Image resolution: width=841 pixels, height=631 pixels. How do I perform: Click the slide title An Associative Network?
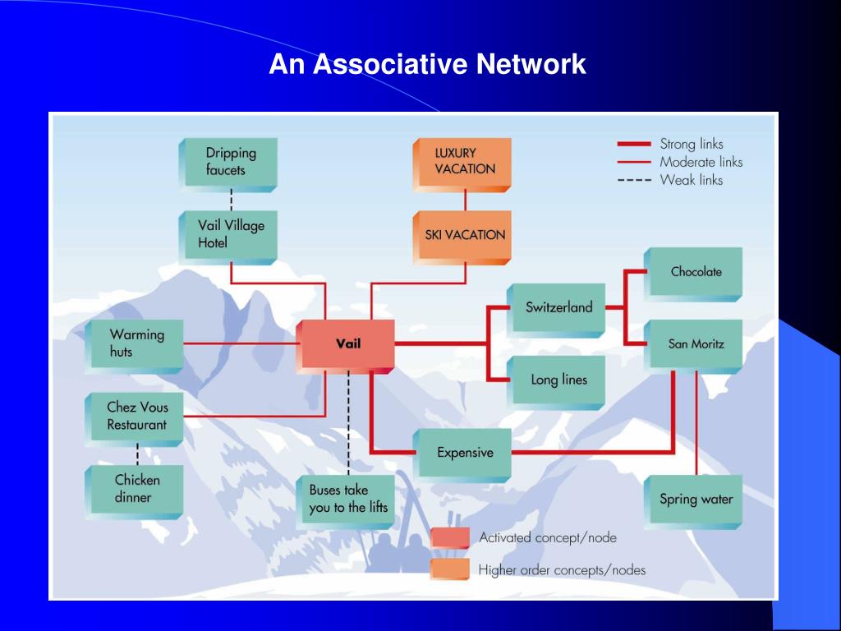pyautogui.click(x=427, y=64)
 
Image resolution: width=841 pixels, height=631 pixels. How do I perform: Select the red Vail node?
pyautogui.click(x=348, y=344)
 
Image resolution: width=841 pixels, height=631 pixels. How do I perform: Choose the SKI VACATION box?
pyautogui.click(x=464, y=235)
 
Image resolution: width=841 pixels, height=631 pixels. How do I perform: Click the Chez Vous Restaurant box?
pyautogui.click(x=136, y=417)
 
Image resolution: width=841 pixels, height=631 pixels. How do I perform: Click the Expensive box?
pyautogui.click(x=465, y=453)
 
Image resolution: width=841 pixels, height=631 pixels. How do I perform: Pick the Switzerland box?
pyautogui.click(x=558, y=307)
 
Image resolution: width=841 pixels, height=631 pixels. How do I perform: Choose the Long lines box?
pyautogui.click(x=558, y=380)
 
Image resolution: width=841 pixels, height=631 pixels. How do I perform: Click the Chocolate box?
pyautogui.click(x=695, y=271)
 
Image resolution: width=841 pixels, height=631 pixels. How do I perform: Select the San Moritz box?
pyautogui.click(x=696, y=343)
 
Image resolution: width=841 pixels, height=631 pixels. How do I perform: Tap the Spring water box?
pyautogui.click(x=696, y=499)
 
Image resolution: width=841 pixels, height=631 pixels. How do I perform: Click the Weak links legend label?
pyautogui.click(x=692, y=180)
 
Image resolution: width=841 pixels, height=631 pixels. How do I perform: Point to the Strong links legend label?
pyautogui.click(x=692, y=145)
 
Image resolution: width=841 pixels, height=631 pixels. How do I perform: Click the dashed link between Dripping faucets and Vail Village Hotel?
pyautogui.click(x=231, y=199)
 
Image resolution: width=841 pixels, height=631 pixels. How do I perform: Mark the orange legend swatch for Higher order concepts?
pyautogui.click(x=450, y=569)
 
